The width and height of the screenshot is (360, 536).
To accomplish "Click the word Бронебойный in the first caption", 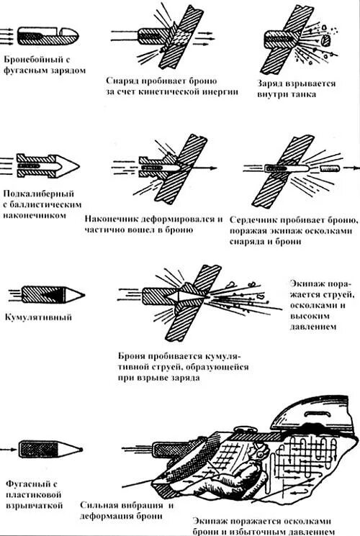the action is [33, 60].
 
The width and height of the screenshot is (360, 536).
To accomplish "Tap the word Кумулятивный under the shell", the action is [38, 317].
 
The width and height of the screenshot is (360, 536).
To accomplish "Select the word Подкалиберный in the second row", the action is [39, 194].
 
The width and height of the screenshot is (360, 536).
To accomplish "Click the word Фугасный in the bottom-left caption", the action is [27, 484].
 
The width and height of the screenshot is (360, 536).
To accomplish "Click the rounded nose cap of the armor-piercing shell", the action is [70, 33].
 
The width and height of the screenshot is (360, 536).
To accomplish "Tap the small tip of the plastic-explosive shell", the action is [81, 449].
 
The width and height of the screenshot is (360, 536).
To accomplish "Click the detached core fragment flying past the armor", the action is [330, 168].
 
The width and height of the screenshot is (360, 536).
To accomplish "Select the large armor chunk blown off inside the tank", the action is [326, 40].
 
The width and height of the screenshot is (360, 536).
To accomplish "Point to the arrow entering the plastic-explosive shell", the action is [8, 449].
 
